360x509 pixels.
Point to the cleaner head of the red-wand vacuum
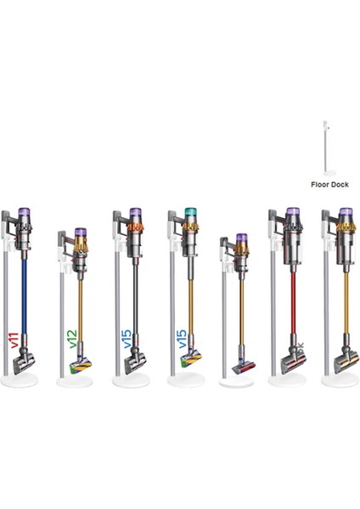click(x=294, y=362)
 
